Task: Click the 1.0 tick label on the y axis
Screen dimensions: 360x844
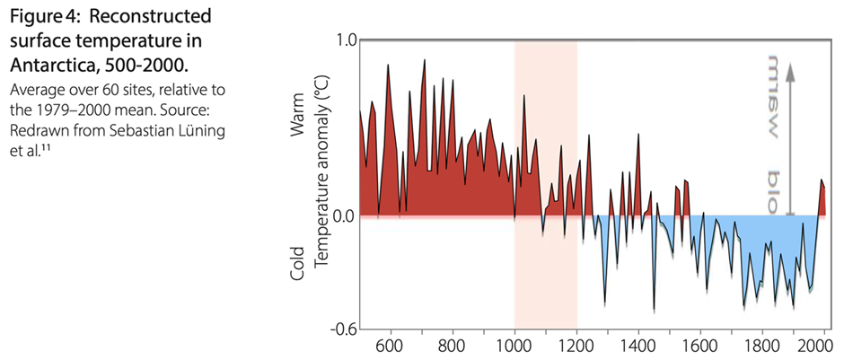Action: point(346,40)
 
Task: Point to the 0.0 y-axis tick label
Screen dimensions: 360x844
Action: point(346,216)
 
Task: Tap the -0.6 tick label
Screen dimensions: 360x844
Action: point(343,329)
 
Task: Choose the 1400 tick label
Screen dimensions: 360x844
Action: point(638,345)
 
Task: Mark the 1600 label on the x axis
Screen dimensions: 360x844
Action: point(700,345)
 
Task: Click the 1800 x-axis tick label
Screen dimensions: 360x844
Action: point(762,345)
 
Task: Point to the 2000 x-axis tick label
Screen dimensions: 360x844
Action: point(822,345)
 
